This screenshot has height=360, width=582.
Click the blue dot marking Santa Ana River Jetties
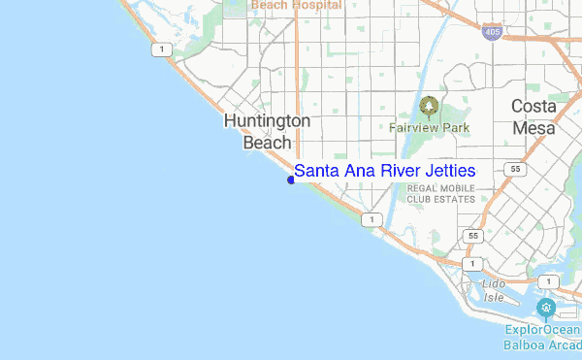click(291, 179)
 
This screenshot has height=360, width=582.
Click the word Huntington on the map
click(267, 121)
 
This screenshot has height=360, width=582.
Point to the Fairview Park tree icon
click(428, 106)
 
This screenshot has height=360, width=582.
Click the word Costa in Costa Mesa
click(534, 107)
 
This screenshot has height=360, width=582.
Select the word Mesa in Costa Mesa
click(534, 128)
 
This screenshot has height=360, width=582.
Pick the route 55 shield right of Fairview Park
click(515, 168)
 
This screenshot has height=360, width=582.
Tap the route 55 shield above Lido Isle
click(472, 236)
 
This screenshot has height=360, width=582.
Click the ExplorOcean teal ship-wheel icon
click(546, 309)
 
